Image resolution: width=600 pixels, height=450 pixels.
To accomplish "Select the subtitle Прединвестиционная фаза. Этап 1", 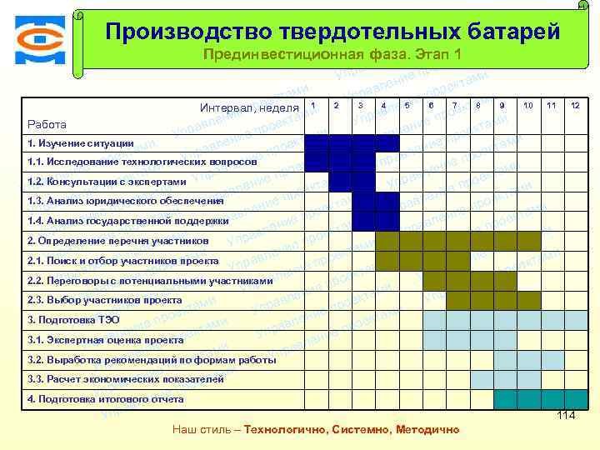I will pos(332,55).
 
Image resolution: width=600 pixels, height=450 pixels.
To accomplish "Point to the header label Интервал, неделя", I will pos(249,107).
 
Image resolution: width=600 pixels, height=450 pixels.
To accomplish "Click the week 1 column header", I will pos(312,105).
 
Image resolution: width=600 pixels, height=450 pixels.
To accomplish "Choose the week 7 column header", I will pos(454,105).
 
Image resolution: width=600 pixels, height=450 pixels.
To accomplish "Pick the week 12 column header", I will pos(574,105).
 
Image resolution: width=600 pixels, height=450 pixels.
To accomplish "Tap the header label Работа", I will pos(47,124).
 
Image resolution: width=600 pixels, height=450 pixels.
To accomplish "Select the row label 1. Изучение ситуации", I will pos(80,142).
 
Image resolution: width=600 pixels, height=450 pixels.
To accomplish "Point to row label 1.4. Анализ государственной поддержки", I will pos(127,221).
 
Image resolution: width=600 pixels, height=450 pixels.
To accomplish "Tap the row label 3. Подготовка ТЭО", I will pos(73,320).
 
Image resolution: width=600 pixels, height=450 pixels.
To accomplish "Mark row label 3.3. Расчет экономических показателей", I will pos(125,379).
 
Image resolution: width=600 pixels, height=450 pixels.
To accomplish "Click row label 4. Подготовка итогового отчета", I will pos(105,399).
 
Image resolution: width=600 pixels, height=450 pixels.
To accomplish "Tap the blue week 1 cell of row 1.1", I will pos(316,162).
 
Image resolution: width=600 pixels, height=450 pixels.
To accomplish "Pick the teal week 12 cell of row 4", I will pos(574,399).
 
